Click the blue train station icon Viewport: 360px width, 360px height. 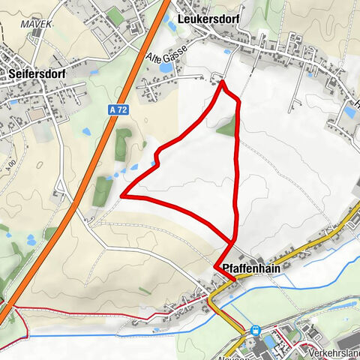(x=256, y=329)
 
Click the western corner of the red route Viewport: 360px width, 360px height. (x=121, y=196)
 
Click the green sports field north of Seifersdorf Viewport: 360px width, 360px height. (x=115, y=15)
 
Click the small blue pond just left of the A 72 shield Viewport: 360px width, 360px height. (x=87, y=132)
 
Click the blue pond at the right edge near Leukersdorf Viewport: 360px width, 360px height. (x=349, y=112)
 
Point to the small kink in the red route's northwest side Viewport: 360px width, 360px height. (x=157, y=156)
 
